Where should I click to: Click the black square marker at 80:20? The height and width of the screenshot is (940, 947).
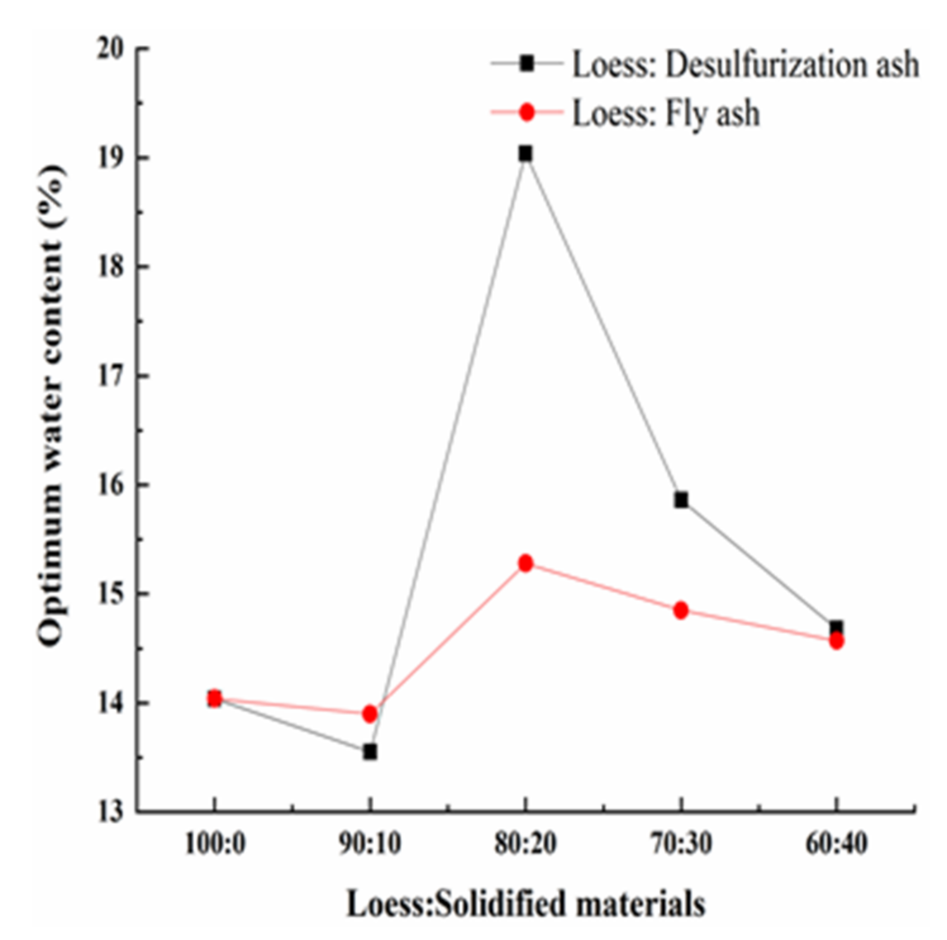[x=525, y=154]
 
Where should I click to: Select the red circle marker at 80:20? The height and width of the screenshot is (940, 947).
[x=525, y=563]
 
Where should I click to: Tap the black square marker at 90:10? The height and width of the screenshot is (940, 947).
[x=370, y=752]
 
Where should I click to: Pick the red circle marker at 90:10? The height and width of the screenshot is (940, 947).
[x=370, y=714]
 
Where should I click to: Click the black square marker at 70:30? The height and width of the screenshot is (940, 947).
[x=681, y=500]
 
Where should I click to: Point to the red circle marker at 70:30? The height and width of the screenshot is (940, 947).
[x=680, y=611]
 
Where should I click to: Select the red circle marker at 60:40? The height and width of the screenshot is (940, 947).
[x=836, y=642]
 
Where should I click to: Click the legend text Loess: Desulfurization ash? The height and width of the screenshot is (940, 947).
[x=745, y=65]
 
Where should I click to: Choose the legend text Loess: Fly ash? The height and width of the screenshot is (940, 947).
[x=666, y=114]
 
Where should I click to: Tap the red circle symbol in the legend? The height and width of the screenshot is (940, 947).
[x=527, y=113]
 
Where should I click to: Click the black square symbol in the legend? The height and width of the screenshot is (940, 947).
[x=527, y=63]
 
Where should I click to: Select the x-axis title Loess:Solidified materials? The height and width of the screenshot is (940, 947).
[x=525, y=904]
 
